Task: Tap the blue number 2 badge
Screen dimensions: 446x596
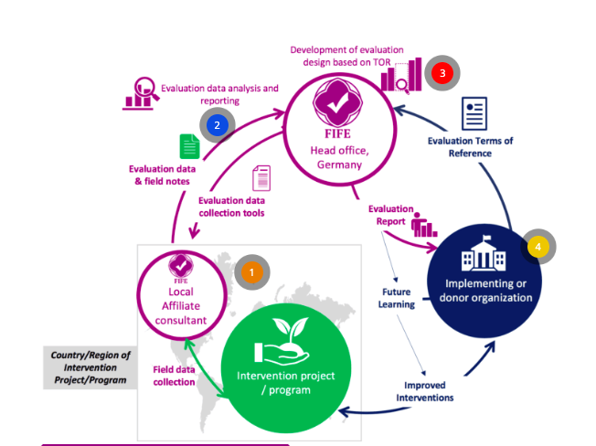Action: coord(218,125)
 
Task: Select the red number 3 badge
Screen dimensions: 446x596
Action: coord(442,72)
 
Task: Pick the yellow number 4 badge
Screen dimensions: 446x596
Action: coord(538,247)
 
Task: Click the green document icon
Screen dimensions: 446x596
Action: coord(190,146)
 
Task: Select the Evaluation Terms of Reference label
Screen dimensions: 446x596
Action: coord(471,146)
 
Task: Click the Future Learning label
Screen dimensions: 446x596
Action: coord(399,298)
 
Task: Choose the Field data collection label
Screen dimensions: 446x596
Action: coord(174,376)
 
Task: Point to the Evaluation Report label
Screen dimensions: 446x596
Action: coord(391,215)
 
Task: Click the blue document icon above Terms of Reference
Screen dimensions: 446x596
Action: coord(474,113)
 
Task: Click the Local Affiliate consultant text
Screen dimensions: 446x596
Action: coord(181,307)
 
